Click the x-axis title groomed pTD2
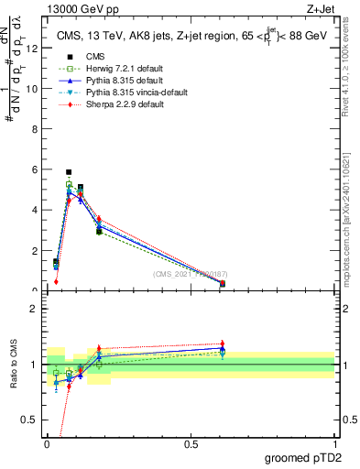click(x=303, y=458)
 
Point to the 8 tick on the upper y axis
click(x=36, y=130)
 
